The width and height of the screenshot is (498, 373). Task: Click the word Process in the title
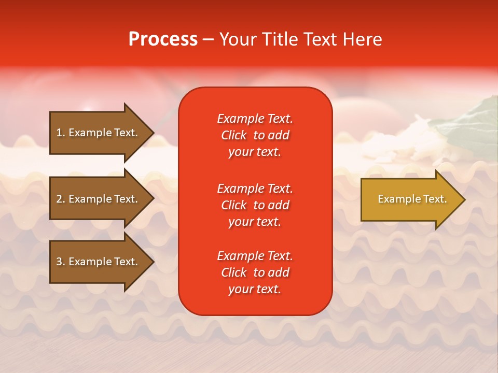pos(163,39)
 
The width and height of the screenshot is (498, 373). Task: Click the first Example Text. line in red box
pos(255,119)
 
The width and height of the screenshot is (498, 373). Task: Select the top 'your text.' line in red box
pos(255,152)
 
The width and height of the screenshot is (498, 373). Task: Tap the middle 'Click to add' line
pos(255,205)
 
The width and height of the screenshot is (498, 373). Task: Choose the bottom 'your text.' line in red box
pos(255,289)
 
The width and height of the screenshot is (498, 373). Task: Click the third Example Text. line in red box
pos(255,256)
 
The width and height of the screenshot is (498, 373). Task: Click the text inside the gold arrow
pos(412,199)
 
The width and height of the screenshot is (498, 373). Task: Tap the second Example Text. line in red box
pos(255,188)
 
